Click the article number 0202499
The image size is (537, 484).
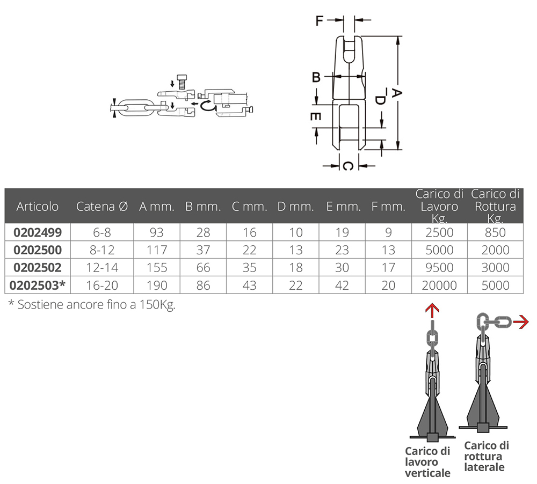click(38, 232)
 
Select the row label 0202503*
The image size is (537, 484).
click(38, 285)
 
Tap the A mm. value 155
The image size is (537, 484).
click(157, 267)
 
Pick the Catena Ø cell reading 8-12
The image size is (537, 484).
click(102, 250)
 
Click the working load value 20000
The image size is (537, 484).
click(439, 285)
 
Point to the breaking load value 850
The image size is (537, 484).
click(495, 232)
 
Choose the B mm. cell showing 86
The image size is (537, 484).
click(203, 285)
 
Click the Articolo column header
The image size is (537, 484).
click(38, 207)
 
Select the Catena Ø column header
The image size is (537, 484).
click(102, 207)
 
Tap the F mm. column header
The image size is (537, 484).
click(388, 207)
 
